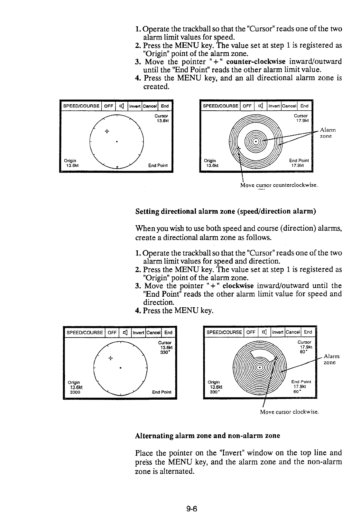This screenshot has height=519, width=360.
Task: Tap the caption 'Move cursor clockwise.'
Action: click(x=289, y=412)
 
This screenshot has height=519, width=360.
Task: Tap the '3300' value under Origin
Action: click(x=75, y=393)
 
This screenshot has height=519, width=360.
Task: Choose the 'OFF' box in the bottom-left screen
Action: click(x=112, y=332)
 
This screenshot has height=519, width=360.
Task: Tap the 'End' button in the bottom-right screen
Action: click(x=308, y=332)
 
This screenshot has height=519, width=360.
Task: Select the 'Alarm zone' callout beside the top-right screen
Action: click(x=328, y=133)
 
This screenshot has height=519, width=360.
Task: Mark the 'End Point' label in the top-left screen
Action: click(x=158, y=165)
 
